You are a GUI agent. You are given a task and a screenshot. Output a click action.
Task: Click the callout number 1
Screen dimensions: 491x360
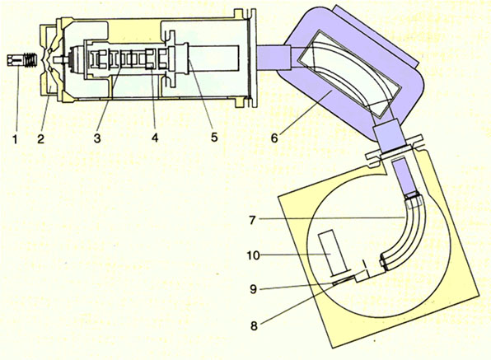pyautogui.click(x=15, y=139)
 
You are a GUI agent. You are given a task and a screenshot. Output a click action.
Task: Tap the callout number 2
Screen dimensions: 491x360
pyautogui.click(x=41, y=139)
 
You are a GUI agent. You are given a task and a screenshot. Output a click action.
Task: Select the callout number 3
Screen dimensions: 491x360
pyautogui.click(x=97, y=138)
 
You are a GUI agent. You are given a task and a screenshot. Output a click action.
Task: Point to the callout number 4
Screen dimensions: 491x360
pyautogui.click(x=155, y=138)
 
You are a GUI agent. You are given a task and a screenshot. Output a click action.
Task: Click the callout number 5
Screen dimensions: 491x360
pyautogui.click(x=214, y=137)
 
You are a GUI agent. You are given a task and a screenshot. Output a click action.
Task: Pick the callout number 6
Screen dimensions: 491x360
pyautogui.click(x=274, y=138)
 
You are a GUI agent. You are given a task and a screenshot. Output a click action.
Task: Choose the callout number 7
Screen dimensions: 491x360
pyautogui.click(x=253, y=220)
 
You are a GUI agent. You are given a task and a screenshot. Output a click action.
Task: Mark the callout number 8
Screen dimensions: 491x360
pyautogui.click(x=254, y=326)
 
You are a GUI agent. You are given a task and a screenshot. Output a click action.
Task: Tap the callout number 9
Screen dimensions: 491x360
pyautogui.click(x=254, y=289)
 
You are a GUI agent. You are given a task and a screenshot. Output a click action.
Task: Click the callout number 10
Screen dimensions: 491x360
pyautogui.click(x=254, y=255)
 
